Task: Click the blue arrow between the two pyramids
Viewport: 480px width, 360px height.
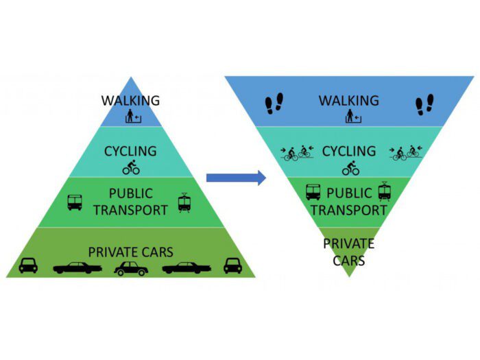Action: tap(235, 178)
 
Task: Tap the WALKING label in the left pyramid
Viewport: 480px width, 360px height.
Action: tap(130, 101)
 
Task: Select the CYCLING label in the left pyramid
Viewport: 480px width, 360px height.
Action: tap(130, 151)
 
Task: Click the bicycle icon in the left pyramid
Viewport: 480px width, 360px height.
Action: tap(130, 167)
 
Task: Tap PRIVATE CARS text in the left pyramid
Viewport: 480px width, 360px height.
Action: tap(130, 252)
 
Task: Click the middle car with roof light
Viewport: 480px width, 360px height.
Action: tap(130, 267)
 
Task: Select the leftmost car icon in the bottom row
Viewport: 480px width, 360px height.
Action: tap(28, 265)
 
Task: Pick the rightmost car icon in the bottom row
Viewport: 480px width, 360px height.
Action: tap(233, 265)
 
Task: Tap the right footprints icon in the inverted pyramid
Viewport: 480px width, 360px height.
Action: tap(424, 104)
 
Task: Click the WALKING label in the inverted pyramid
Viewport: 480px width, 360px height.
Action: tap(348, 101)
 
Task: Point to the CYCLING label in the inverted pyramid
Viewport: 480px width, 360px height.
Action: tap(348, 151)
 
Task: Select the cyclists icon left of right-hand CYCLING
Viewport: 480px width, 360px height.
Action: tap(295, 152)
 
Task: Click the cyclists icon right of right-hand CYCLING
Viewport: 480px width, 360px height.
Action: tap(404, 152)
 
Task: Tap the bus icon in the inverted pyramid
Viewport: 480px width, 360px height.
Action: tap(313, 192)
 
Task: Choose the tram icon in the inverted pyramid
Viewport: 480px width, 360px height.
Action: tap(384, 191)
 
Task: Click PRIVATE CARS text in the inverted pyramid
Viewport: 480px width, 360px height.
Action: tap(348, 252)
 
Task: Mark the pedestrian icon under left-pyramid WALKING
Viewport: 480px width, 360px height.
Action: tap(131, 117)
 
